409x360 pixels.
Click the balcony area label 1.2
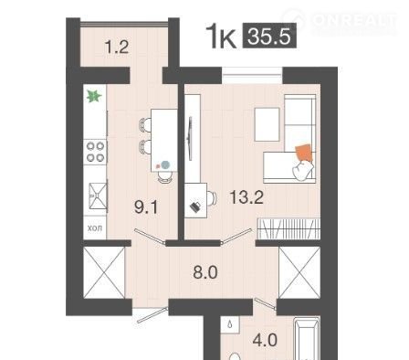pyautogui.click(x=117, y=48)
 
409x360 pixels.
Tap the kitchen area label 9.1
pyautogui.click(x=146, y=207)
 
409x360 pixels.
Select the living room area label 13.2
pyautogui.click(x=246, y=196)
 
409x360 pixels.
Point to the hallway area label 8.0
pyautogui.click(x=205, y=272)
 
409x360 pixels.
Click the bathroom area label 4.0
pyautogui.click(x=265, y=340)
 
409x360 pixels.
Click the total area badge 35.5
pyautogui.click(x=269, y=36)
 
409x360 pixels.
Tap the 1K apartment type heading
pyautogui.click(x=221, y=37)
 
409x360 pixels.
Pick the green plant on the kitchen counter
pyautogui.click(x=94, y=96)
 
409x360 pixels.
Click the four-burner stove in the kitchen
pyautogui.click(x=95, y=152)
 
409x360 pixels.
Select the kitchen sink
pyautogui.click(x=98, y=196)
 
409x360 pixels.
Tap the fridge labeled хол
pyautogui.click(x=95, y=228)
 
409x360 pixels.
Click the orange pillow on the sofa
pyautogui.click(x=304, y=154)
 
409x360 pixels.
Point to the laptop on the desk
pyautogui.click(x=195, y=206)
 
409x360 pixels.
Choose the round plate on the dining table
pyautogui.click(x=165, y=164)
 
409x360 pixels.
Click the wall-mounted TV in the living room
pyautogui.click(x=191, y=138)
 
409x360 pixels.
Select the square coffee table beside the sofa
pyautogui.click(x=267, y=124)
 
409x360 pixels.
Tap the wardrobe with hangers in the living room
pyautogui.click(x=288, y=228)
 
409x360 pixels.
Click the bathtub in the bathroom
pyautogui.click(x=307, y=339)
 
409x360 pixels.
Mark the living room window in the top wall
pyautogui.click(x=252, y=75)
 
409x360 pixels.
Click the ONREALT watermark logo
pyautogui.click(x=340, y=21)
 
